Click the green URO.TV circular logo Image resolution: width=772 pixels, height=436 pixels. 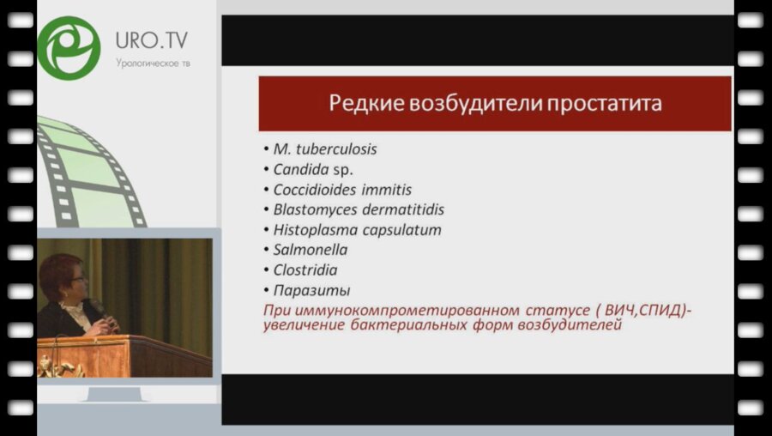point(68,47)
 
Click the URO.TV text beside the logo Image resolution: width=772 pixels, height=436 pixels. point(152,39)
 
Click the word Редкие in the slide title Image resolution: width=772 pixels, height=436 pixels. point(360,104)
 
